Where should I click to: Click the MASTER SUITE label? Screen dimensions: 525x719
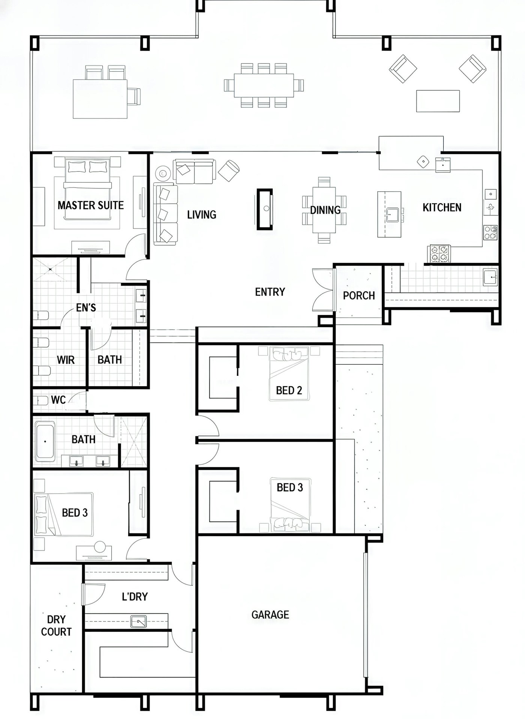coord(90,205)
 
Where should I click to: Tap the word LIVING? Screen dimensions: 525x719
coord(202,215)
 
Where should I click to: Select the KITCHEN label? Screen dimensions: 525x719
coord(442,208)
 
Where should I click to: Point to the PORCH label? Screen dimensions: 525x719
coord(359,296)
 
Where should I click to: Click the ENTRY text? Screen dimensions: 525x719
coord(270,292)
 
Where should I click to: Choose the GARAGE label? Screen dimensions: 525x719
coord(270,615)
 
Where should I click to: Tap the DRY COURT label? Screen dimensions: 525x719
coord(56,626)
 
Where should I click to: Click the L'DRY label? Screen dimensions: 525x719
coord(135,596)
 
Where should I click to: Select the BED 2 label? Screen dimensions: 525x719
coord(289,390)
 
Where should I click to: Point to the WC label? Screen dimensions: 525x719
coord(58,400)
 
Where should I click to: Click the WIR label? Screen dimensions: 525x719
coord(66,360)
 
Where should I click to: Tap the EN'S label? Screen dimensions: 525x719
coord(86,308)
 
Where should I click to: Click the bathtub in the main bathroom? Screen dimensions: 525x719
coord(45,441)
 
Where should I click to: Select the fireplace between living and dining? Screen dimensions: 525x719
coord(265,209)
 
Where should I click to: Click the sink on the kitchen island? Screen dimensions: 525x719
coord(392,215)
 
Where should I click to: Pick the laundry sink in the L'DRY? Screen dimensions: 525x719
coord(139,622)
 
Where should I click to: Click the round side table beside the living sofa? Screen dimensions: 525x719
coord(163,173)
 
